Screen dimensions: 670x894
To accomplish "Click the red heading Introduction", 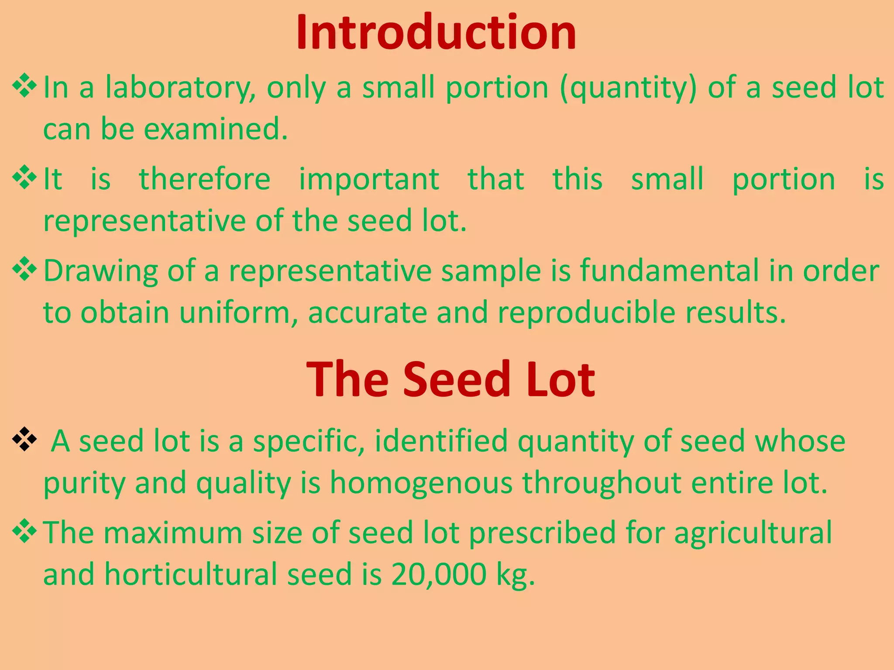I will (x=436, y=33).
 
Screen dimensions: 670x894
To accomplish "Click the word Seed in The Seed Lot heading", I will (x=456, y=380).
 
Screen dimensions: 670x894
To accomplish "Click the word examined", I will (x=216, y=130).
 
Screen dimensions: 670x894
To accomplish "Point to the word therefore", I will (x=204, y=179).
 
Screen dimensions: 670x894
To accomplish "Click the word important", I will (x=369, y=179).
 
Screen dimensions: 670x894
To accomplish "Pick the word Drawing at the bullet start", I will (x=100, y=271).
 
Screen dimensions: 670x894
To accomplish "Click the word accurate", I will (x=367, y=313).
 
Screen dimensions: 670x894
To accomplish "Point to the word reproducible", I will (x=586, y=313).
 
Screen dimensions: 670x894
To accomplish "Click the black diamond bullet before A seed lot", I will (x=24, y=440).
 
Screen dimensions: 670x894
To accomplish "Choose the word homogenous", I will (x=421, y=483).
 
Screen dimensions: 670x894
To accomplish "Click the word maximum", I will (x=172, y=533).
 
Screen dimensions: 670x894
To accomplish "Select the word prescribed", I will (x=542, y=533).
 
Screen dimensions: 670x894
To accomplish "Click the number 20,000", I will (x=438, y=574).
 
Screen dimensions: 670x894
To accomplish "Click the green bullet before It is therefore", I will (x=24, y=177).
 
